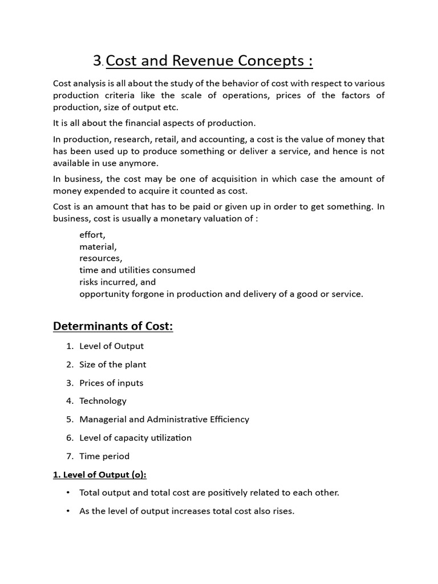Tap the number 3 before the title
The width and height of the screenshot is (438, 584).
point(98,61)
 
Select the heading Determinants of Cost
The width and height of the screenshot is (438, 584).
point(113,326)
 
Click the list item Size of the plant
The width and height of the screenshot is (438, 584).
point(113,364)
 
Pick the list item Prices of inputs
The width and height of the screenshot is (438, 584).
point(111,383)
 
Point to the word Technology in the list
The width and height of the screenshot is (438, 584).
point(103,401)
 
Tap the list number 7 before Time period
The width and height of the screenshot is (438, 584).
point(70,456)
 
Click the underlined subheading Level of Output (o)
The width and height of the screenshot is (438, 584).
point(100,474)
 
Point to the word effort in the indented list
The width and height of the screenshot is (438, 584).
point(92,234)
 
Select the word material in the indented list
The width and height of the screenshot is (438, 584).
point(98,246)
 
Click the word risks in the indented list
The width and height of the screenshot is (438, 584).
point(91,282)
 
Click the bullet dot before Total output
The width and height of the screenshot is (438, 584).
point(68,492)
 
